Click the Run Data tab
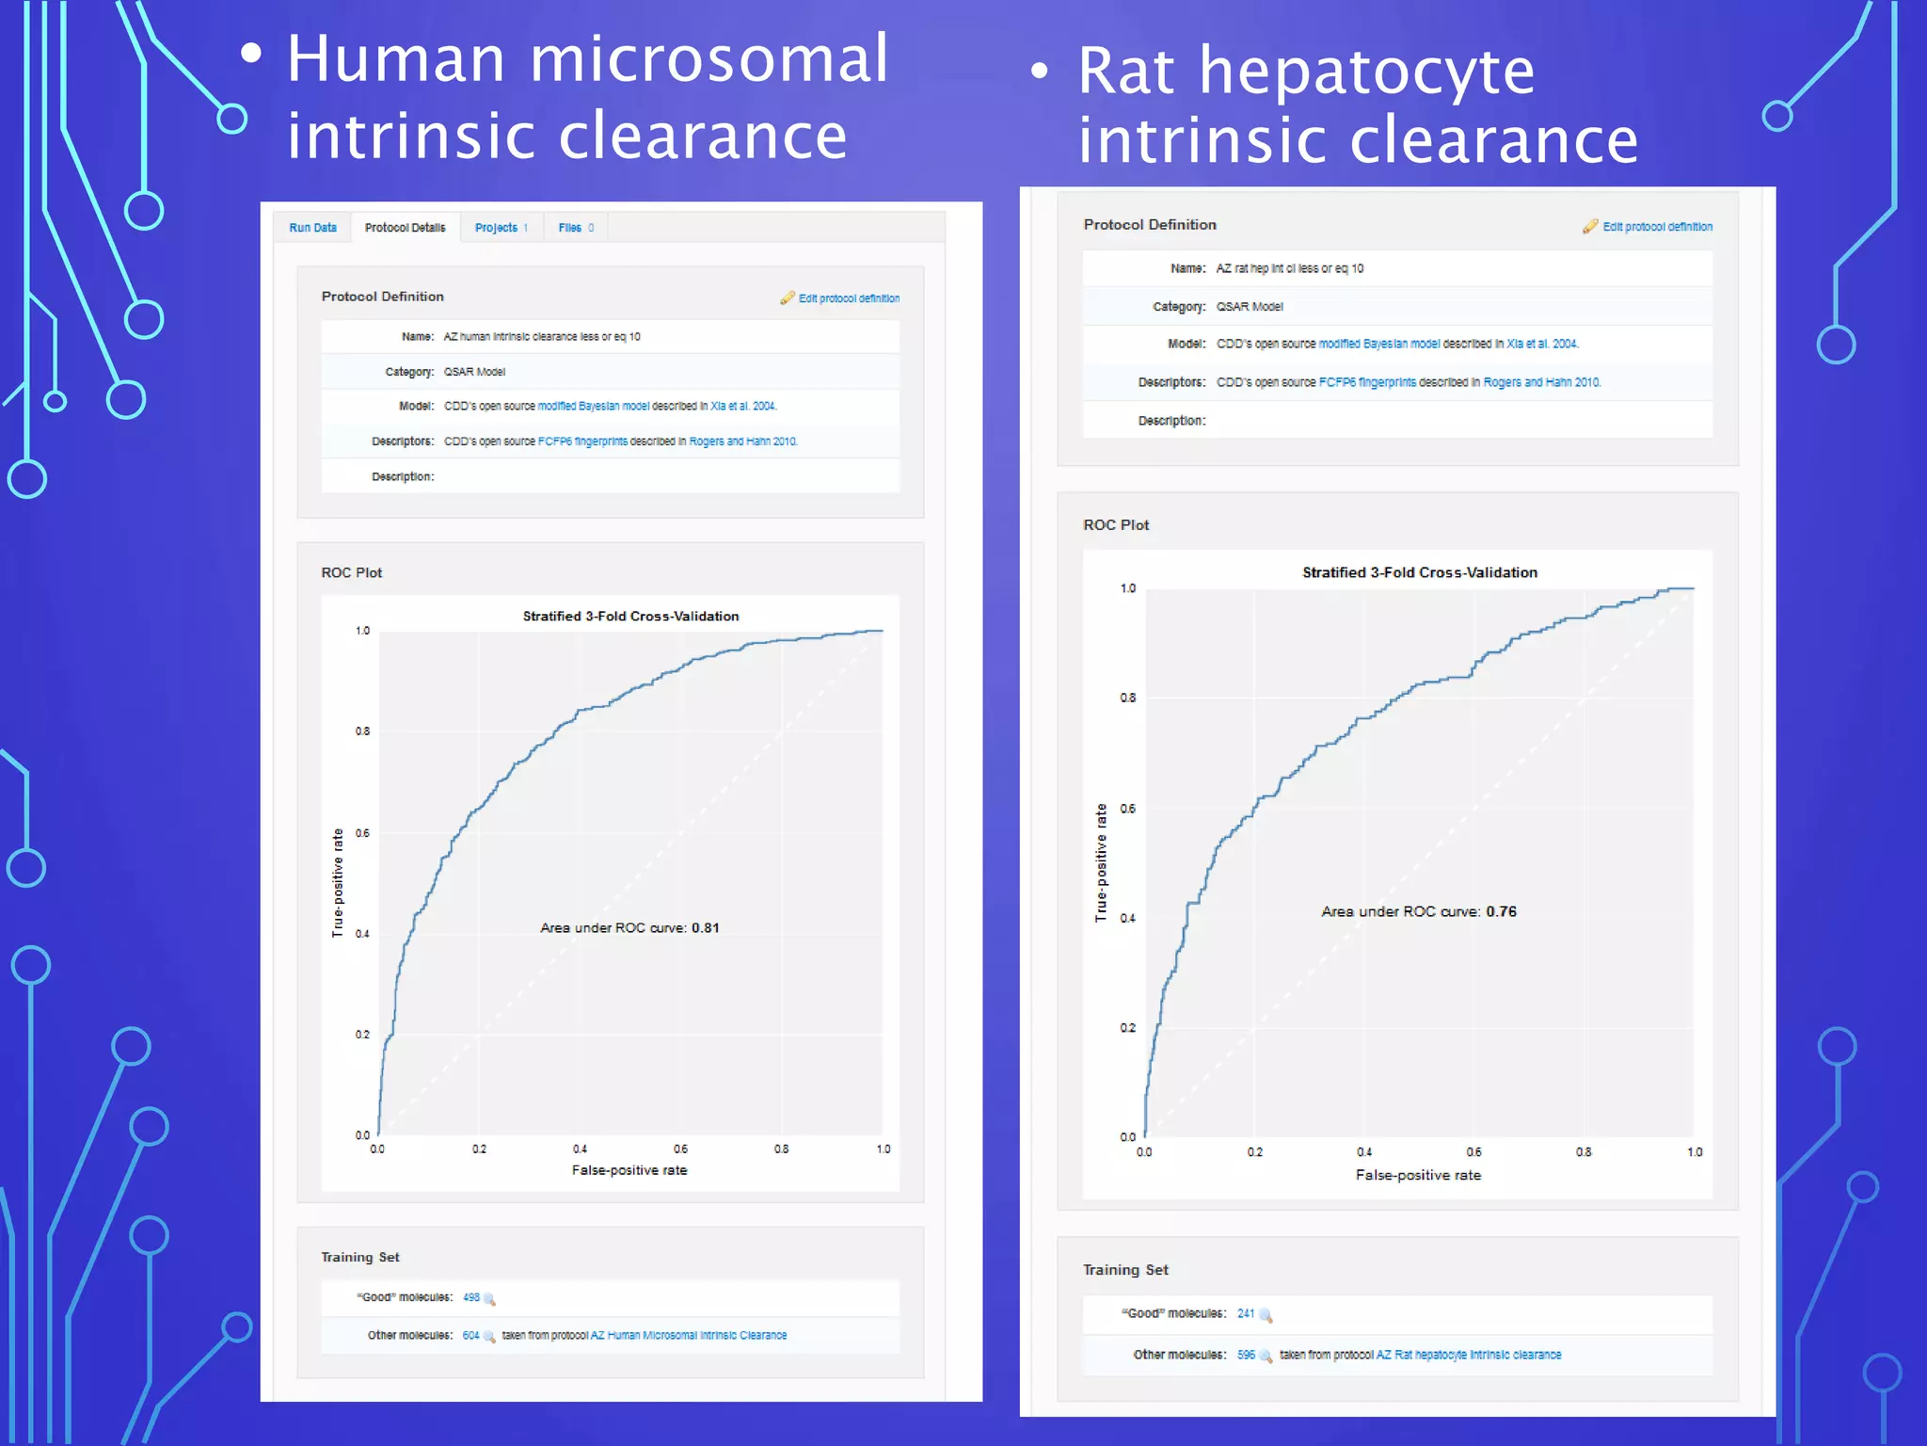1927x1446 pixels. coord(312,228)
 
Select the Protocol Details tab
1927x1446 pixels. coord(405,228)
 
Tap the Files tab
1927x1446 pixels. coord(575,228)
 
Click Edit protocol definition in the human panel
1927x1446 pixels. coord(848,298)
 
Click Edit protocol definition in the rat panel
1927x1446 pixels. coord(1656,227)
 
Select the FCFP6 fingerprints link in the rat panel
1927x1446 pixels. coord(1366,382)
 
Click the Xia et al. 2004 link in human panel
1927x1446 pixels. coord(742,407)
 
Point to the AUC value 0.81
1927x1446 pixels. coord(705,928)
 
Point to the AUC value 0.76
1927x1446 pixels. coord(1501,911)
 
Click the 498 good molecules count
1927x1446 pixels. coord(470,1297)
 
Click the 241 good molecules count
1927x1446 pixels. coord(1245,1313)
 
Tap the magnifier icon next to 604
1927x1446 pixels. coord(489,1337)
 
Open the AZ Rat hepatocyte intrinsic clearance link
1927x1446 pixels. coord(1468,1355)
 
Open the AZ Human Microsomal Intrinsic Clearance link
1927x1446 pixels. coord(688,1336)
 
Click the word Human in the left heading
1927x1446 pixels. coord(396,60)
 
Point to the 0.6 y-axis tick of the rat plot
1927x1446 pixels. coord(1127,809)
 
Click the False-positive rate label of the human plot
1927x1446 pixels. coord(629,1170)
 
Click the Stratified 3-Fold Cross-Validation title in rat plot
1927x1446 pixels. coord(1419,572)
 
